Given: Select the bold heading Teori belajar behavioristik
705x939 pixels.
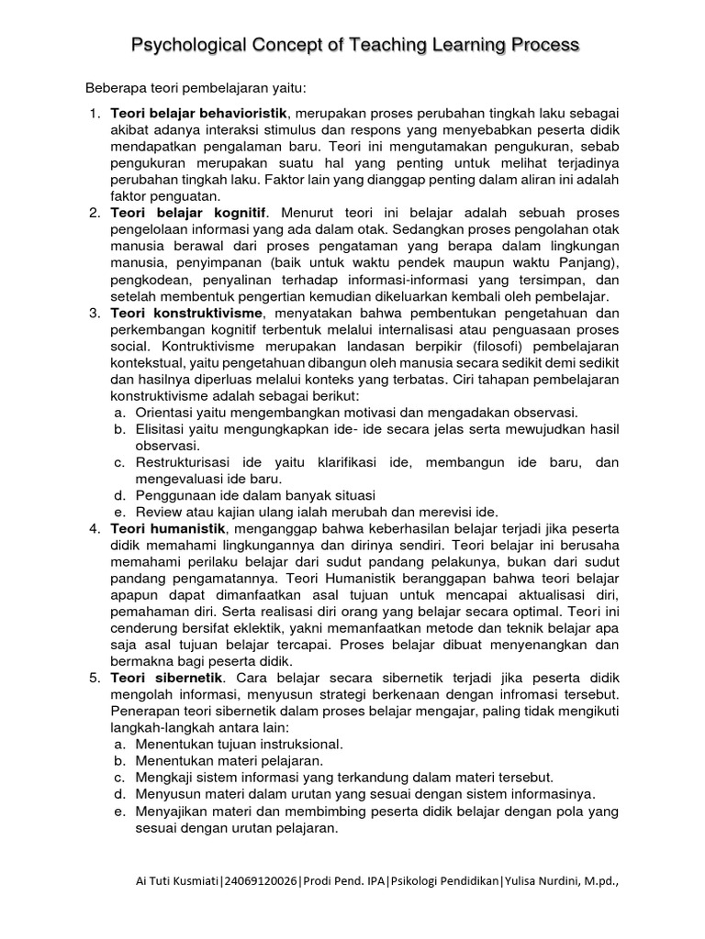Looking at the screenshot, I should pos(199,114).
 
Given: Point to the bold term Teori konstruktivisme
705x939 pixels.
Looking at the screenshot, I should pos(186,313).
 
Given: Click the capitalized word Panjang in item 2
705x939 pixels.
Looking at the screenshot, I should pos(592,263).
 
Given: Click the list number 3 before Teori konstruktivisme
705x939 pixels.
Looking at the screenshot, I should pos(94,314).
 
